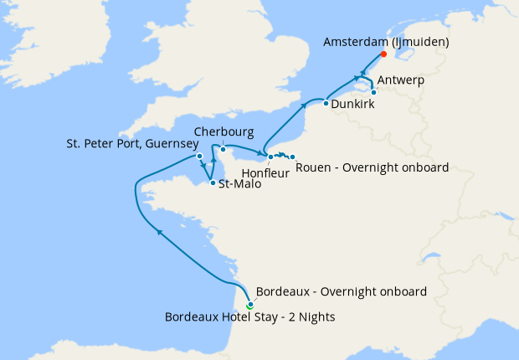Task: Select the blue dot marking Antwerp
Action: [373, 92]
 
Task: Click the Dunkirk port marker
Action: [326, 103]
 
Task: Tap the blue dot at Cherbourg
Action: [223, 149]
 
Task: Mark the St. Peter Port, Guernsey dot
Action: [199, 156]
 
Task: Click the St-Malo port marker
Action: [213, 183]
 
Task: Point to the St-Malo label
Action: [239, 184]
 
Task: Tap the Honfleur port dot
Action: [270, 157]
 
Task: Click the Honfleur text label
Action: [265, 172]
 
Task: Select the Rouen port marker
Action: [292, 157]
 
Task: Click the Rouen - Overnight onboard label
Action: [373, 167]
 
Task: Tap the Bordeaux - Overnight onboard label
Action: [341, 292]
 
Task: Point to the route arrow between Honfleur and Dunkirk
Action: [302, 105]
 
